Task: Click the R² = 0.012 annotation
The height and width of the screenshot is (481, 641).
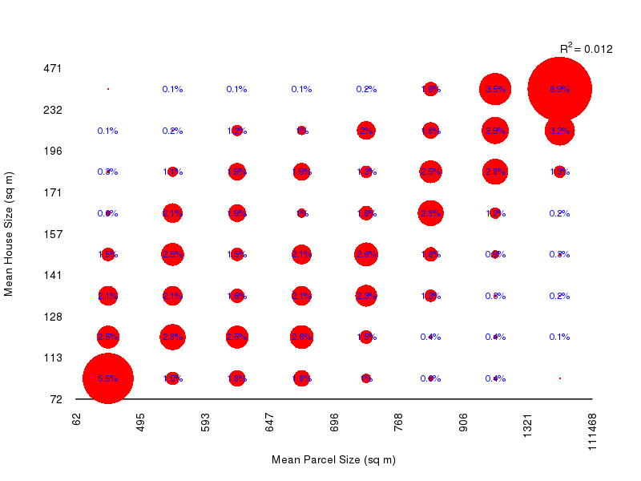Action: pyautogui.click(x=586, y=49)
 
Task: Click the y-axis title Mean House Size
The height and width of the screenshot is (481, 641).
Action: pyautogui.click(x=10, y=233)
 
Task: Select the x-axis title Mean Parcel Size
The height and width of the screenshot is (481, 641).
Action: pyautogui.click(x=333, y=460)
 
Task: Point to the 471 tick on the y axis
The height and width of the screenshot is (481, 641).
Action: pyautogui.click(x=52, y=69)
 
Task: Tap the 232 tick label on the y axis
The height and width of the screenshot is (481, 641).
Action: pyautogui.click(x=52, y=110)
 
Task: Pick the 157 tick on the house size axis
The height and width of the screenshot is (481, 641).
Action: pyautogui.click(x=52, y=234)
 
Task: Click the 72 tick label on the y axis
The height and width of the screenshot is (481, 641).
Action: pyautogui.click(x=55, y=398)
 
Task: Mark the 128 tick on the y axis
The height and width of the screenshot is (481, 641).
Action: pyautogui.click(x=52, y=317)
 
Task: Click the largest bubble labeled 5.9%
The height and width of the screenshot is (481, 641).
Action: pyautogui.click(x=559, y=90)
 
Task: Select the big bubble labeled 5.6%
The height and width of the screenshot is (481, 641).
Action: pyautogui.click(x=108, y=378)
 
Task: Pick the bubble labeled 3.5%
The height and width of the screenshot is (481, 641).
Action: pyautogui.click(x=495, y=90)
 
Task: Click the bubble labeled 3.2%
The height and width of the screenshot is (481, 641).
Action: pyautogui.click(x=559, y=131)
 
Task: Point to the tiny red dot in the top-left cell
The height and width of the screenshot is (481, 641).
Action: pyautogui.click(x=108, y=89)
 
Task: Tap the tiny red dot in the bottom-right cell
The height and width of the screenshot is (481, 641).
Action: pyautogui.click(x=559, y=378)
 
